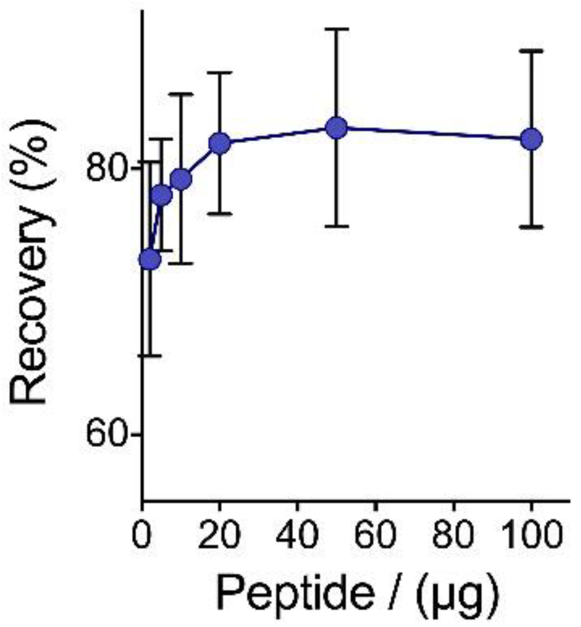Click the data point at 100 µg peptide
click(532, 139)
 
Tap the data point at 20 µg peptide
click(220, 143)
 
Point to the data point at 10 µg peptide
click(181, 179)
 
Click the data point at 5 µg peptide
click(161, 196)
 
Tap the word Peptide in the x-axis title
click(294, 594)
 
